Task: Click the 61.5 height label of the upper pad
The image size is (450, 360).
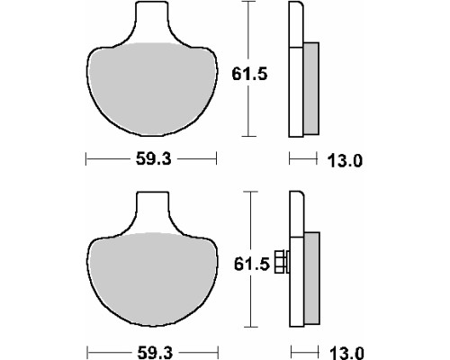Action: click(x=249, y=74)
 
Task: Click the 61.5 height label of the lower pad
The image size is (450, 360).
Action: click(x=252, y=265)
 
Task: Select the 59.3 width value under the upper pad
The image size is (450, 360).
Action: click(x=153, y=158)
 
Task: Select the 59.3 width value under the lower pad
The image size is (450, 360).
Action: click(x=155, y=353)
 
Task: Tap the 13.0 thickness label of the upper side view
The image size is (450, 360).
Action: click(x=345, y=160)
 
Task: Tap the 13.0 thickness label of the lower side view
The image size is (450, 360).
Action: click(x=346, y=353)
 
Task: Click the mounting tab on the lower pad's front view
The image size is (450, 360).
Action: click(x=153, y=211)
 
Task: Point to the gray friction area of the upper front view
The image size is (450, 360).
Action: click(x=152, y=88)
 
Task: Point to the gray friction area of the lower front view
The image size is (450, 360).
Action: click(x=153, y=279)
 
